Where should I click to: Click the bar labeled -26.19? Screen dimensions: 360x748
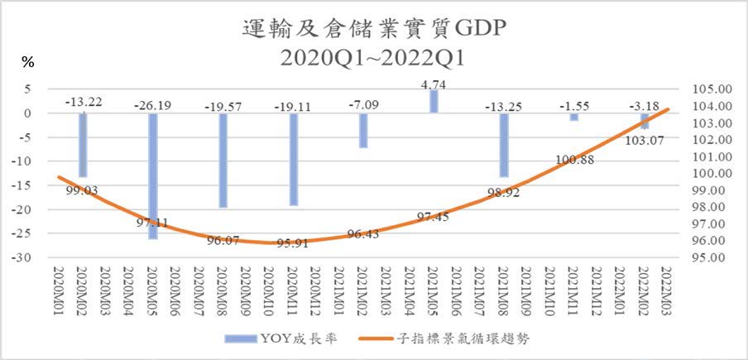click(x=152, y=175)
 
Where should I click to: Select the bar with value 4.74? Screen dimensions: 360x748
click(x=434, y=101)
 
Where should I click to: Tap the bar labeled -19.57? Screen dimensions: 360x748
click(x=223, y=161)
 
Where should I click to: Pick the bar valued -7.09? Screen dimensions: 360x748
click(x=363, y=130)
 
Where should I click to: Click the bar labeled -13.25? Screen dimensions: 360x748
click(x=504, y=145)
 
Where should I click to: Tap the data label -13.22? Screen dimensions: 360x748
click(x=84, y=102)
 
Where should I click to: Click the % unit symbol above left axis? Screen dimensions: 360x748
click(x=27, y=62)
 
